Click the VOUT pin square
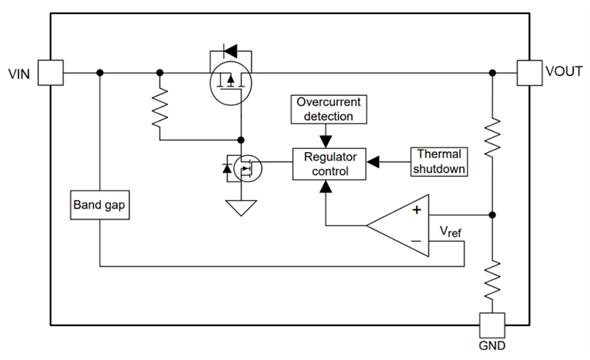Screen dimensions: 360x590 coord(529,72)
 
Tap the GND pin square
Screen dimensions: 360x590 coord(492,324)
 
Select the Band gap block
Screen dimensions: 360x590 coord(100,205)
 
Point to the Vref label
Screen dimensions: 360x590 coord(451,233)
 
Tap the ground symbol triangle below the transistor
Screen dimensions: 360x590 coord(240,208)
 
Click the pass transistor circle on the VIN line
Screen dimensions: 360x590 coord(230,82)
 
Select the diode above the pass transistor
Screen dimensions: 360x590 coord(230,52)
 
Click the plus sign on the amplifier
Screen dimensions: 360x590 coord(416,210)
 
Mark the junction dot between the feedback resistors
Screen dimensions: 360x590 coord(492,215)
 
